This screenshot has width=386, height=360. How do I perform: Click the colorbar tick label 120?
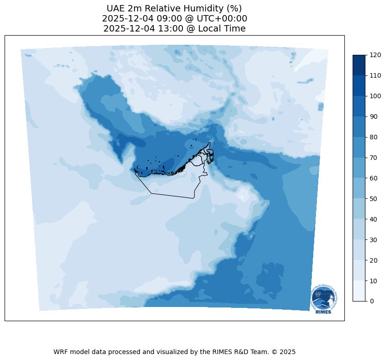pos(375,55)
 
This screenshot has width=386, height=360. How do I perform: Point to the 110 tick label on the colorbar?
pos(375,75)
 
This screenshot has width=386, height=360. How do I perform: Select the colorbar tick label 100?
pos(375,96)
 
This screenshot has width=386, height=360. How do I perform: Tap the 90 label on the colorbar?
pos(374,116)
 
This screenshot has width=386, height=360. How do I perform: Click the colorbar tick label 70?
pos(374,158)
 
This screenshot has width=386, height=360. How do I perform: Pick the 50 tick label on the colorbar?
pos(374,199)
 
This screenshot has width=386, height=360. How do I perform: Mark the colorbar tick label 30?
pos(374,239)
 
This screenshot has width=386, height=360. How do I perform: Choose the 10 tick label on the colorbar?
pos(374,281)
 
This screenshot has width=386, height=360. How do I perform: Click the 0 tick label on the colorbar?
pos(372,301)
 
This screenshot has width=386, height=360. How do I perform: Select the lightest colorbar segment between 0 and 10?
pos(359,291)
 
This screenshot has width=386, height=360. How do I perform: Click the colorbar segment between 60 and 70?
pos(359,168)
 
